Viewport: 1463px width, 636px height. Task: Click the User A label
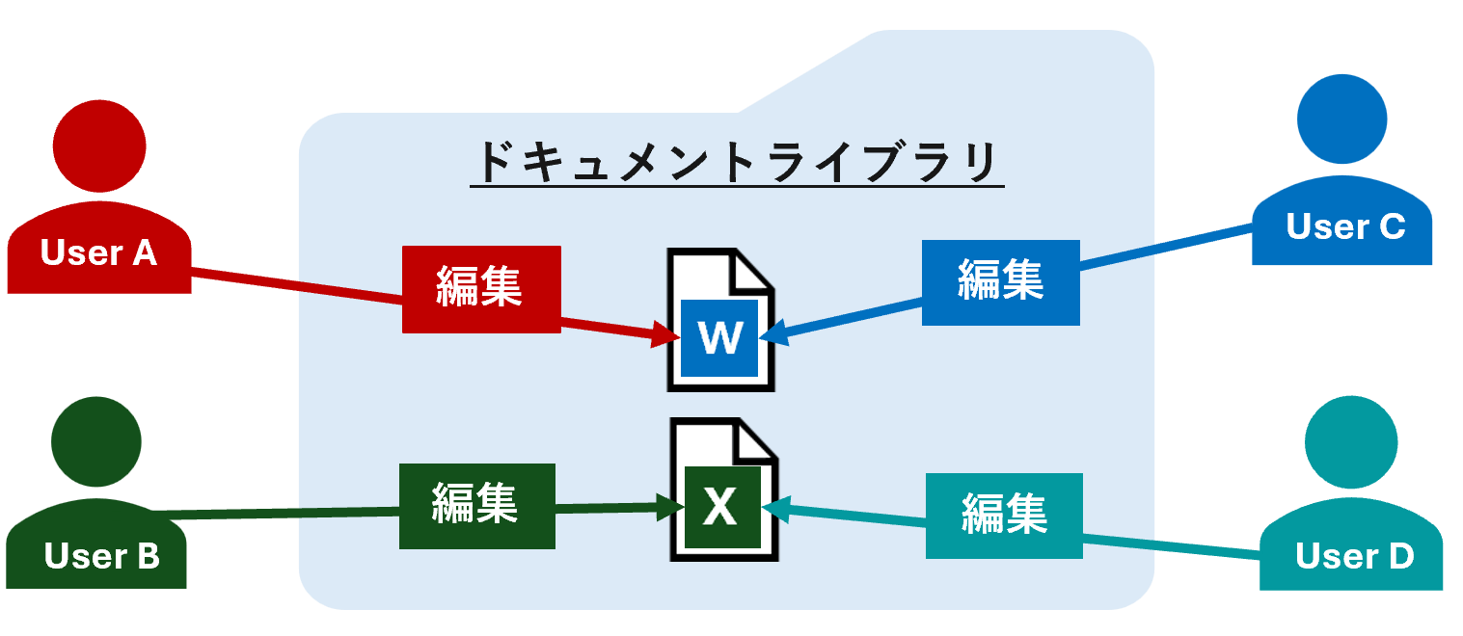pyautogui.click(x=98, y=252)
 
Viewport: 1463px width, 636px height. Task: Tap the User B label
pyautogui.click(x=101, y=556)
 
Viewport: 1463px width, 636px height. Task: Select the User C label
pyautogui.click(x=1345, y=226)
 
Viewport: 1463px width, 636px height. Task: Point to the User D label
pyautogui.click(x=1354, y=556)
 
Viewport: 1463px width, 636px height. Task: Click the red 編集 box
pyautogui.click(x=480, y=288)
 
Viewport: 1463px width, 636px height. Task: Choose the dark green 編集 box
pyautogui.click(x=476, y=505)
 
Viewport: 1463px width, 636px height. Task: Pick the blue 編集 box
pyautogui.click(x=1000, y=281)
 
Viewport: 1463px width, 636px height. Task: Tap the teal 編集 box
pyautogui.click(x=1004, y=516)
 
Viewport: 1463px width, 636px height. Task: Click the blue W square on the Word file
pyautogui.click(x=719, y=337)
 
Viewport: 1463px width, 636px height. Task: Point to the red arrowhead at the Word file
pyautogui.click(x=666, y=336)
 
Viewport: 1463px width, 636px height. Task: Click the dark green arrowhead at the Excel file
pyautogui.click(x=669, y=507)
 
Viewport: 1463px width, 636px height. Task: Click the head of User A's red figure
pyautogui.click(x=99, y=146)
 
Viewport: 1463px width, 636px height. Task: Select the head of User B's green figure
pyautogui.click(x=95, y=442)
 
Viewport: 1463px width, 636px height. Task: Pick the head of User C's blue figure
pyautogui.click(x=1341, y=119)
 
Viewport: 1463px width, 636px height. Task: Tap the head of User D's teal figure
pyautogui.click(x=1351, y=441)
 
